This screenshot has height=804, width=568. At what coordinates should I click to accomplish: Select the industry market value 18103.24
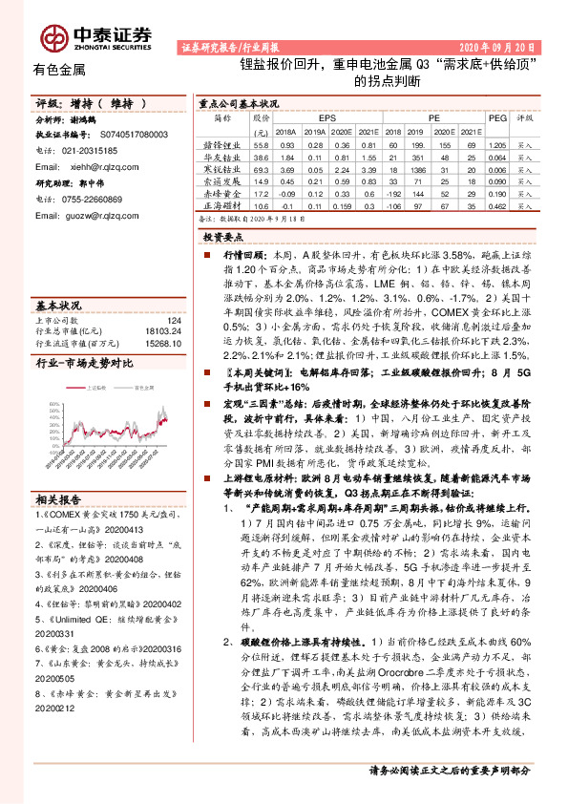[x=163, y=330]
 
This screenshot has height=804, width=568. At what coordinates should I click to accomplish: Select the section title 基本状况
[x=58, y=305]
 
